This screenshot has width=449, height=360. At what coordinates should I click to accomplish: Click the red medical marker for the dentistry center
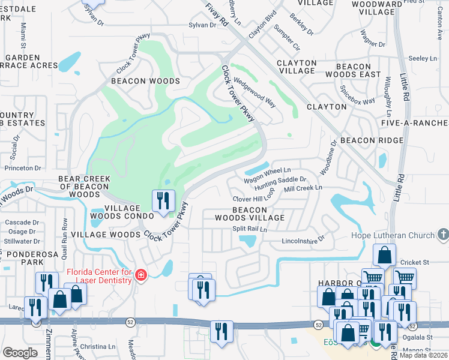pos(141,275)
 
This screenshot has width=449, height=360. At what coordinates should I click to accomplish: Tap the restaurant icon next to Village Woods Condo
pos(163,201)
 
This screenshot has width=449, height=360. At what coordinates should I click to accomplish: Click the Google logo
pos(20,353)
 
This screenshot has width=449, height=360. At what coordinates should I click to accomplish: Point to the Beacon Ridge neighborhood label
pos(372,140)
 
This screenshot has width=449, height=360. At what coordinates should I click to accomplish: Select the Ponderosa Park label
pos(25,258)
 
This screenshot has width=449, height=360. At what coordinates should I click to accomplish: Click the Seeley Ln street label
pos(423,58)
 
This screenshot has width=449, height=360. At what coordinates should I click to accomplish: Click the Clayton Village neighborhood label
pos(296,67)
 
